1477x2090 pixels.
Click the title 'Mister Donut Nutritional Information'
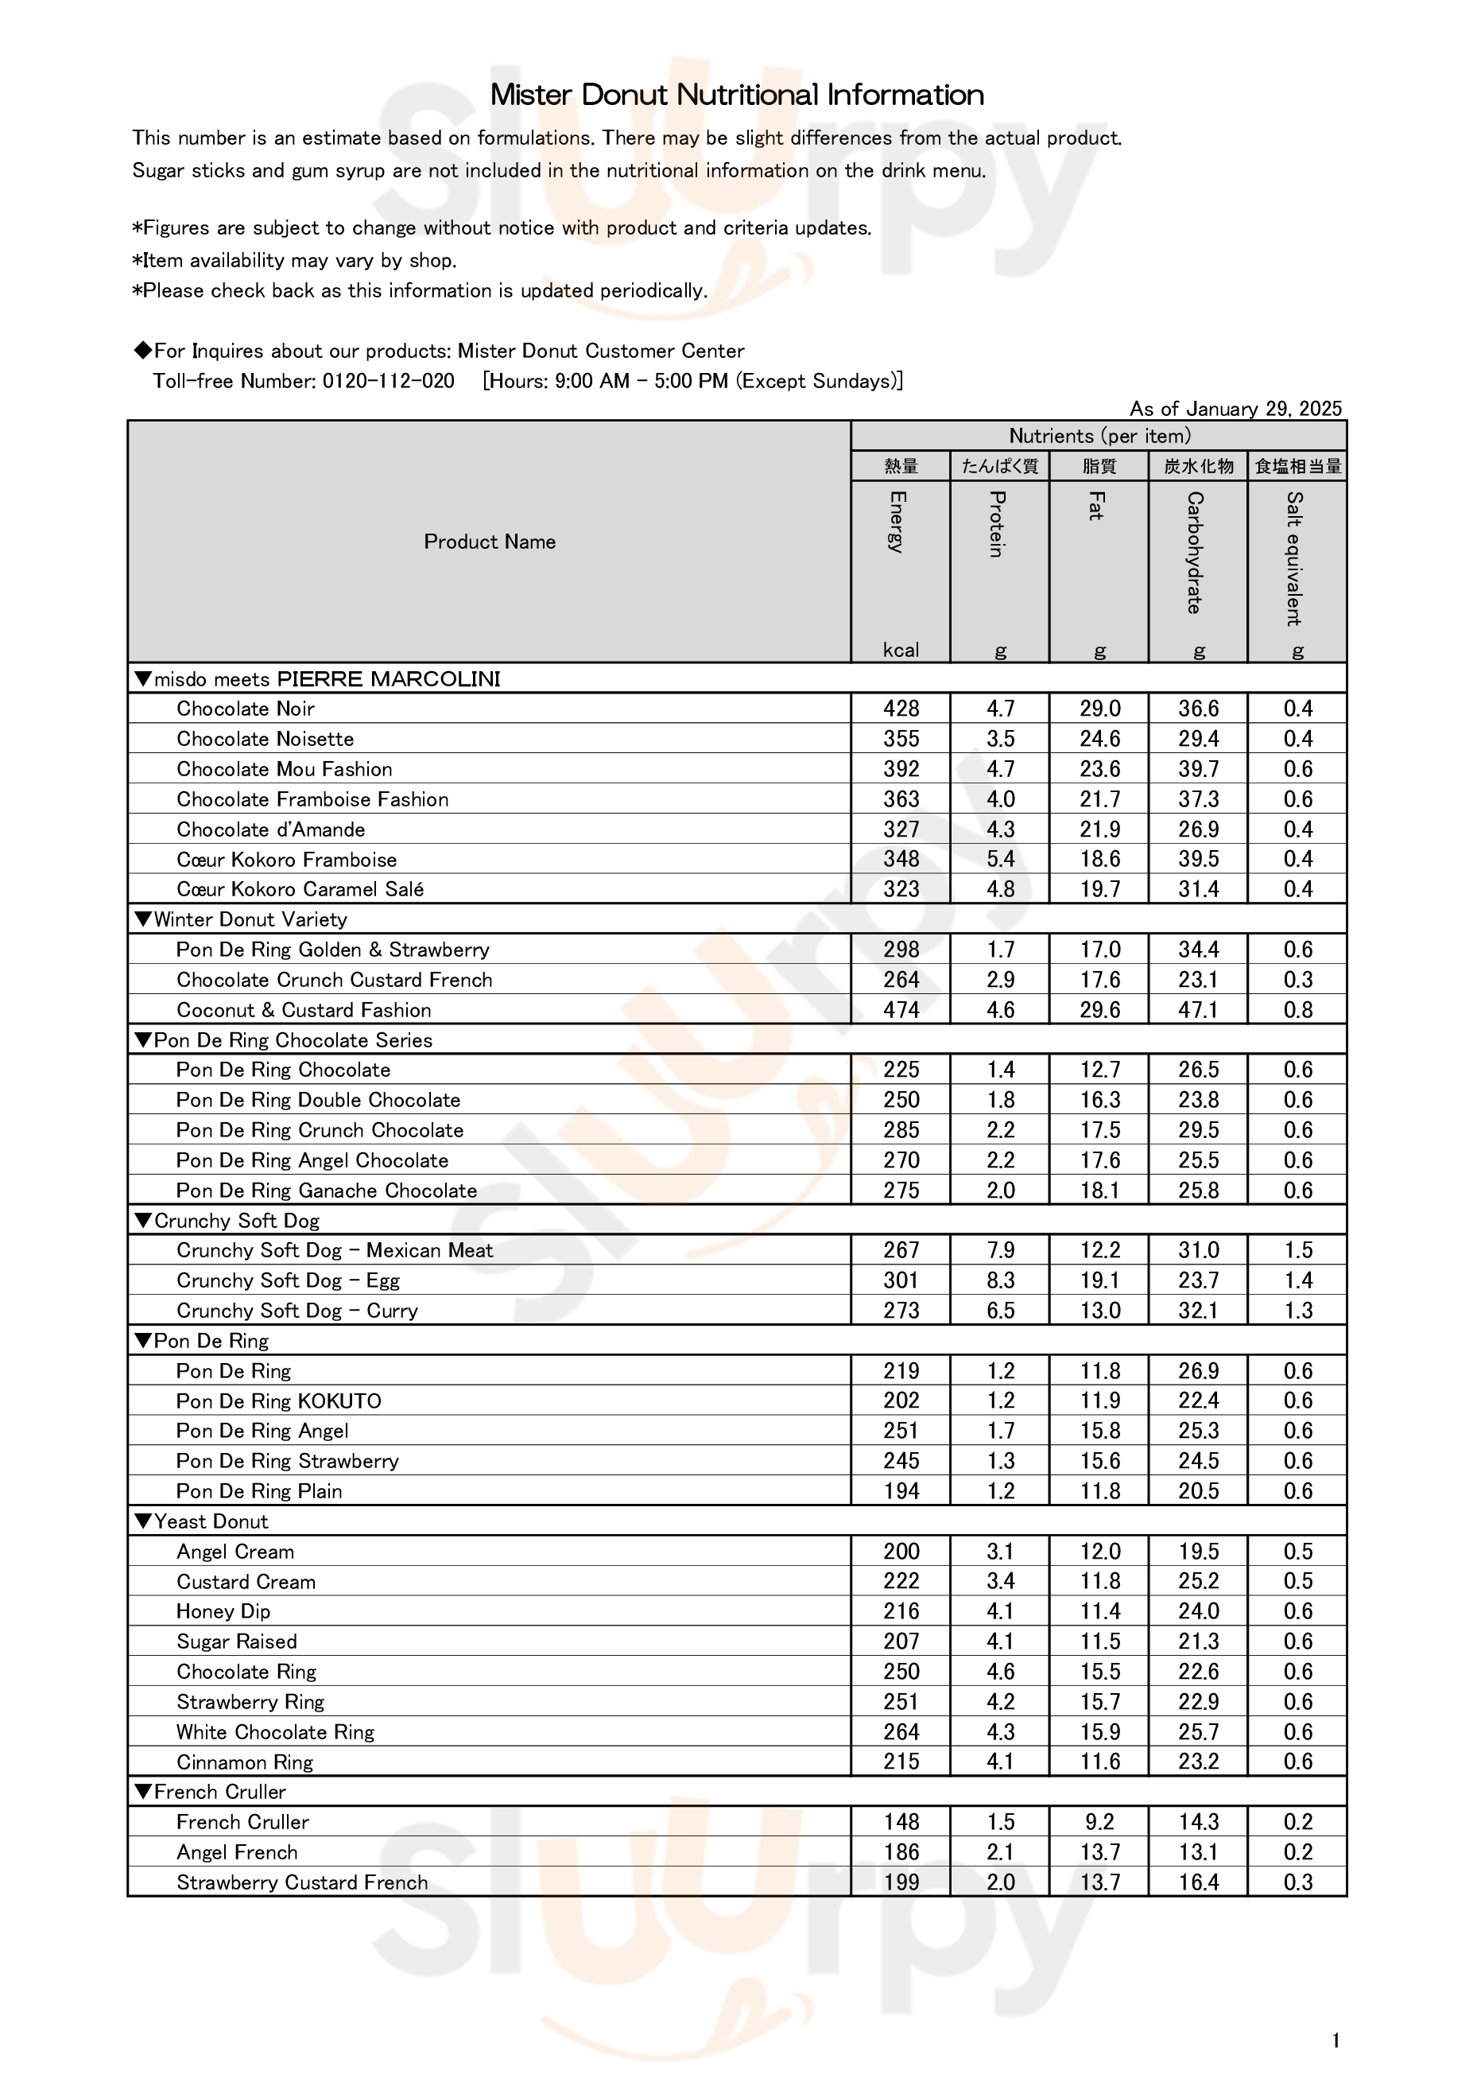click(737, 95)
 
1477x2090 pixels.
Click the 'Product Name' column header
click(490, 542)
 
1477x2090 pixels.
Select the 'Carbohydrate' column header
click(1196, 553)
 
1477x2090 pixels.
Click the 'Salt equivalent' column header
click(1294, 558)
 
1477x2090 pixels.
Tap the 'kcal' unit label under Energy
click(900, 650)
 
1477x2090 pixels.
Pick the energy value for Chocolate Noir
click(901, 708)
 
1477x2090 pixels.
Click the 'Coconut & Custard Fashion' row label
click(303, 1009)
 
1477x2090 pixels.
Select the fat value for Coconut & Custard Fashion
click(1099, 1009)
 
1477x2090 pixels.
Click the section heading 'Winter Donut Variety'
click(250, 919)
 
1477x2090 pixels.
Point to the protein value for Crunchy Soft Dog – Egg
click(1000, 1280)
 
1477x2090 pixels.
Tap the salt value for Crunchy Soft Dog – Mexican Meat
click(1297, 1250)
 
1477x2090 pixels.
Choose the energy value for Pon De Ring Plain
click(901, 1491)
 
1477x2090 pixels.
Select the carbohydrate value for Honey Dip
click(1199, 1611)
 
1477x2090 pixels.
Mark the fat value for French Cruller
click(1099, 1821)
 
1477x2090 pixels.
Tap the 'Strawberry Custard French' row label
click(301, 1882)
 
